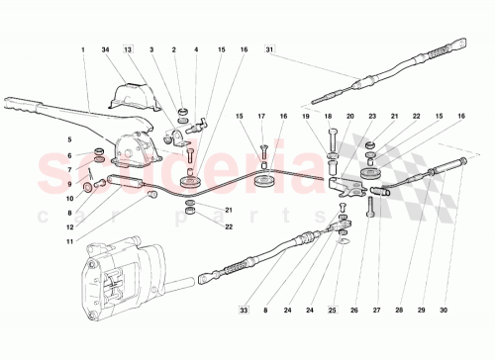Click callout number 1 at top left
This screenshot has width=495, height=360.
click(x=83, y=48)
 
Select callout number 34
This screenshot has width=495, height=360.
click(x=106, y=48)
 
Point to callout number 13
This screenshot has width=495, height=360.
click(x=128, y=48)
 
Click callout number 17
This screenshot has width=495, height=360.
click(x=262, y=117)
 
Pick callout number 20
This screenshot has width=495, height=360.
click(x=347, y=117)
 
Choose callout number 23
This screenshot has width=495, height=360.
click(x=371, y=117)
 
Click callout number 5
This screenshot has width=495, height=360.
click(x=68, y=139)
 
